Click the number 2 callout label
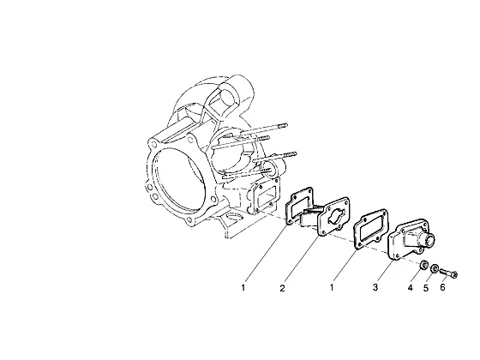coord(282,288)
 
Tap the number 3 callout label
coord(375,287)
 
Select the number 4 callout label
coord(410,288)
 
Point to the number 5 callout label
coord(426,288)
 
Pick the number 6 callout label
coord(442,287)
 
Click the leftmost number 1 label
coord(243,288)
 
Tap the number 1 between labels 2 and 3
coord(331,288)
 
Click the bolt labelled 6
coord(449,273)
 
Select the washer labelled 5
coord(434,269)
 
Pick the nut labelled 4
coord(423,266)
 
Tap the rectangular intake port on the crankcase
coord(266,197)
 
